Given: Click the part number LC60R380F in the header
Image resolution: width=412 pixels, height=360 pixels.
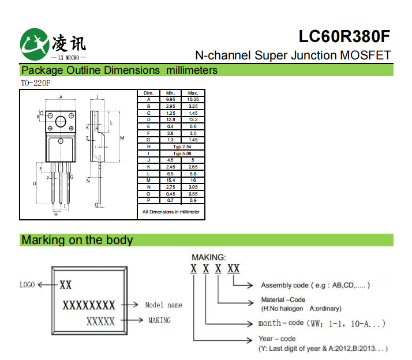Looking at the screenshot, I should [344, 36].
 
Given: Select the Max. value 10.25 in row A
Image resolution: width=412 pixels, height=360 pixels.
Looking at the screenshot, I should [193, 99].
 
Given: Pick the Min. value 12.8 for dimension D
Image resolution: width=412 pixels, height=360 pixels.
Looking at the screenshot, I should [170, 119].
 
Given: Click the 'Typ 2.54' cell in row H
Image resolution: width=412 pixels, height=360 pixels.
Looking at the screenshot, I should [182, 147].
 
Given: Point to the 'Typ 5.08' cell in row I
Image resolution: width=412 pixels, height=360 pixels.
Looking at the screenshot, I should [182, 153].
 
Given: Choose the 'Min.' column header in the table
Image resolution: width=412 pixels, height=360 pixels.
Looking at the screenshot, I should [170, 93].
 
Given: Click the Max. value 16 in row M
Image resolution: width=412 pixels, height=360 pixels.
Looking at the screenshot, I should [193, 180].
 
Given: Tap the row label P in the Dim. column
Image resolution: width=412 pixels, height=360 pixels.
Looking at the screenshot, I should [148, 200].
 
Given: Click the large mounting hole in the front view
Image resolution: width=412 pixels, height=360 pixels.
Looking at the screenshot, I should [61, 122].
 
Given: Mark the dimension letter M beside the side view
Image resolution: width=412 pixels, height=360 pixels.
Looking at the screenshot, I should [122, 138].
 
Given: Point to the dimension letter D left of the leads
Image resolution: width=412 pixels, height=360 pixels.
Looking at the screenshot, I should [35, 183].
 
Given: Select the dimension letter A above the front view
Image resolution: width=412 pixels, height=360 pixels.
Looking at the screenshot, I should [61, 97].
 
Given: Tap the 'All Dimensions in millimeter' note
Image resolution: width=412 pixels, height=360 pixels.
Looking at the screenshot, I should [171, 212].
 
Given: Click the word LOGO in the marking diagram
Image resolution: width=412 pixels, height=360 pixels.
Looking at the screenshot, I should [28, 284].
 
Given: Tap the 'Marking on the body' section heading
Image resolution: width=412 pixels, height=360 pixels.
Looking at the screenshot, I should [77, 240].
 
